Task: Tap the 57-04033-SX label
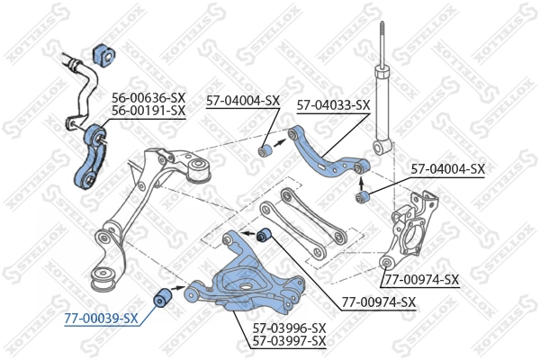coord(333,105)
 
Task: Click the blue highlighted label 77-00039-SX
coord(101,318)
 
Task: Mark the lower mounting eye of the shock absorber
coord(382,145)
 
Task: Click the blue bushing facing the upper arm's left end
coord(266,148)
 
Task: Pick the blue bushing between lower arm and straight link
coord(265,237)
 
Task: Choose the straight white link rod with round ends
coord(301,229)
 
